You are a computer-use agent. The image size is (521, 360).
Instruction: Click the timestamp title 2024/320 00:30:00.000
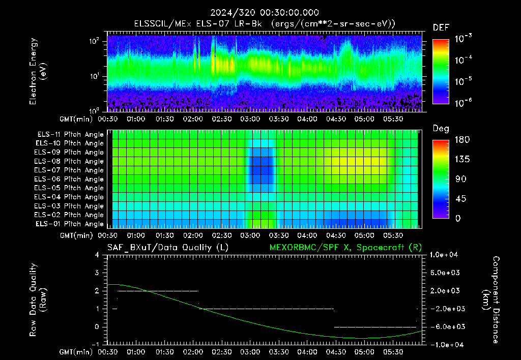(x=265, y=13)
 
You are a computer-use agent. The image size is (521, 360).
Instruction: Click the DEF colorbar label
(x=441, y=27)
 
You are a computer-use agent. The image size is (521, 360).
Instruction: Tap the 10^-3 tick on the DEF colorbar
(x=463, y=38)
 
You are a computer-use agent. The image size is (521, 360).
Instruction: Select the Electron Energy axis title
(x=38, y=71)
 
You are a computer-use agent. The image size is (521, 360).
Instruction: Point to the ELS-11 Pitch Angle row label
(x=70, y=135)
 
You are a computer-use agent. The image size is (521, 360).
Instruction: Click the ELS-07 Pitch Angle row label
(x=69, y=170)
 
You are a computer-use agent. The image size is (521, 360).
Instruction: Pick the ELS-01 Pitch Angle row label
(x=69, y=224)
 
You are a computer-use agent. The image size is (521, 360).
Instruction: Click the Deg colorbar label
(x=441, y=129)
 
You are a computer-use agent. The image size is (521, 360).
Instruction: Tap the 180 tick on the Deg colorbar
(x=462, y=139)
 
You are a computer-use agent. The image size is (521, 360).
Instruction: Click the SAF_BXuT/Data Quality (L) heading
(x=168, y=248)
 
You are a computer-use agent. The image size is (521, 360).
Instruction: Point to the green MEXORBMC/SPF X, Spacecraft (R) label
(x=345, y=248)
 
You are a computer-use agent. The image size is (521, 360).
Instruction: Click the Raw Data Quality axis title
(x=38, y=299)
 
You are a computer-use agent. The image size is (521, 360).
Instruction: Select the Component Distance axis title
(x=491, y=299)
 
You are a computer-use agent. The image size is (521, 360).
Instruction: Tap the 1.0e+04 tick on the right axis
(x=444, y=255)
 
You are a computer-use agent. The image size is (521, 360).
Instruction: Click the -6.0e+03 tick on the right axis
(x=444, y=327)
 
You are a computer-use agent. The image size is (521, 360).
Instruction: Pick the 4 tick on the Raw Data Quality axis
(x=97, y=255)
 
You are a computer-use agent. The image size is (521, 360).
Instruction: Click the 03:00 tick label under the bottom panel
(x=250, y=352)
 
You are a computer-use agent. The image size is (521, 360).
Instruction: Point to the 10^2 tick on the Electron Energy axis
(x=94, y=41)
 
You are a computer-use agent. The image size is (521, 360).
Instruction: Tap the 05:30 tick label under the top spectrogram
(x=393, y=119)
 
